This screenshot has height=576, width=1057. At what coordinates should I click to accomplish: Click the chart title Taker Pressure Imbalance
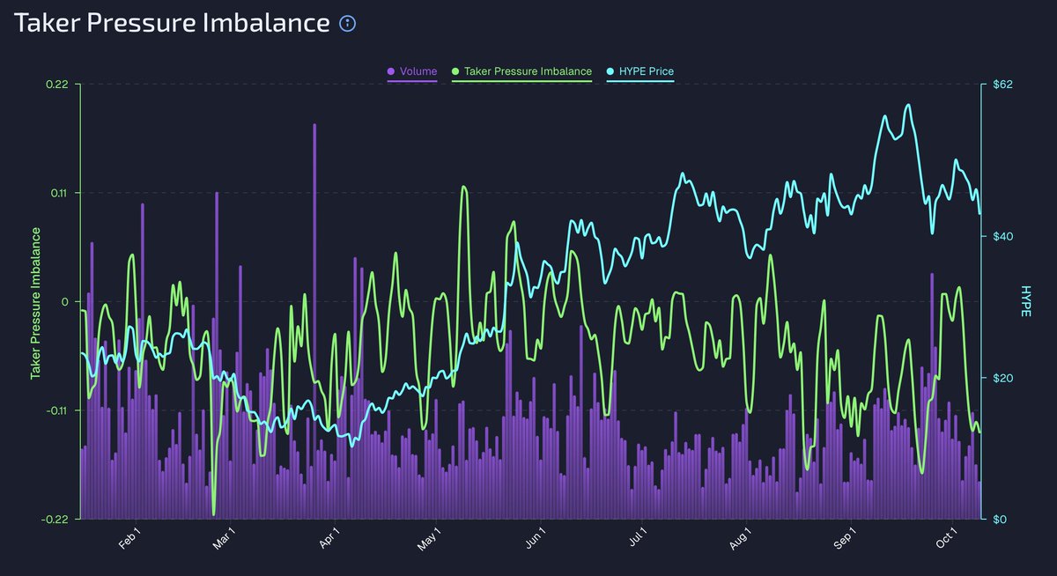point(172,24)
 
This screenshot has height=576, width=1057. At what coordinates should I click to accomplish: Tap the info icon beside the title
point(348,24)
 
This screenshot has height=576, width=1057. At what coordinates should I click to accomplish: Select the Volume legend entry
point(412,70)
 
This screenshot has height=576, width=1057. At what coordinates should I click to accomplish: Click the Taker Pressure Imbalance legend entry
point(522,70)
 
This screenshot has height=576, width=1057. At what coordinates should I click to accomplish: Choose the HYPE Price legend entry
point(641,70)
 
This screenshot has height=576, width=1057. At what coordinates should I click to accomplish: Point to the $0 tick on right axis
point(995,519)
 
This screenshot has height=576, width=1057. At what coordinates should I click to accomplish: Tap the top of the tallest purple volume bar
point(314,125)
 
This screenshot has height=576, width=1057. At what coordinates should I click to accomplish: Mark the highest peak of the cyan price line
point(907,105)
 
